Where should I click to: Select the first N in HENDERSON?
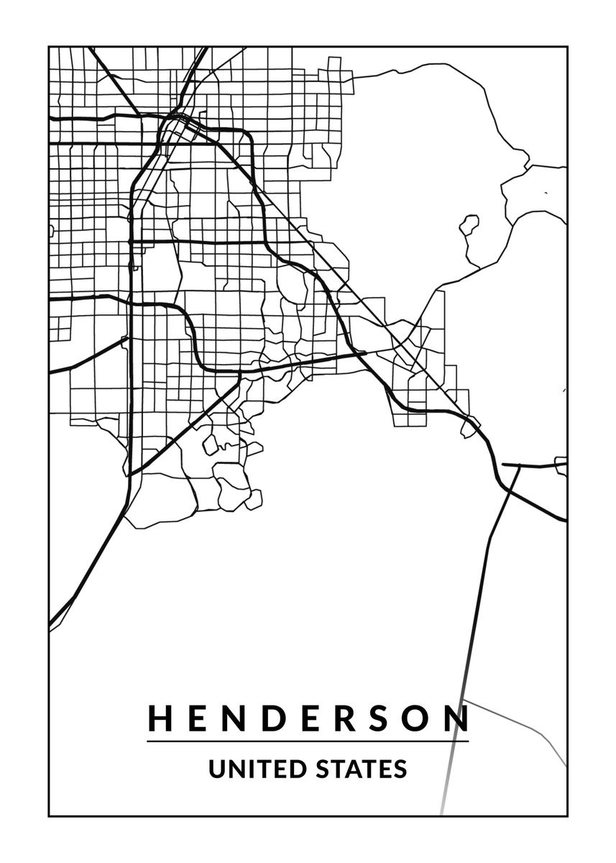coord(235,718)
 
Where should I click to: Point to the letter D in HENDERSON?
coord(274,718)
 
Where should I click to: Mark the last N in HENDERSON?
coord(457,718)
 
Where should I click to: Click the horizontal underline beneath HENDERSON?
coord(308,741)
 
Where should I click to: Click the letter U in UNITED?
coord(216,769)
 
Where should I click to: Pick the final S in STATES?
coord(400,769)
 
